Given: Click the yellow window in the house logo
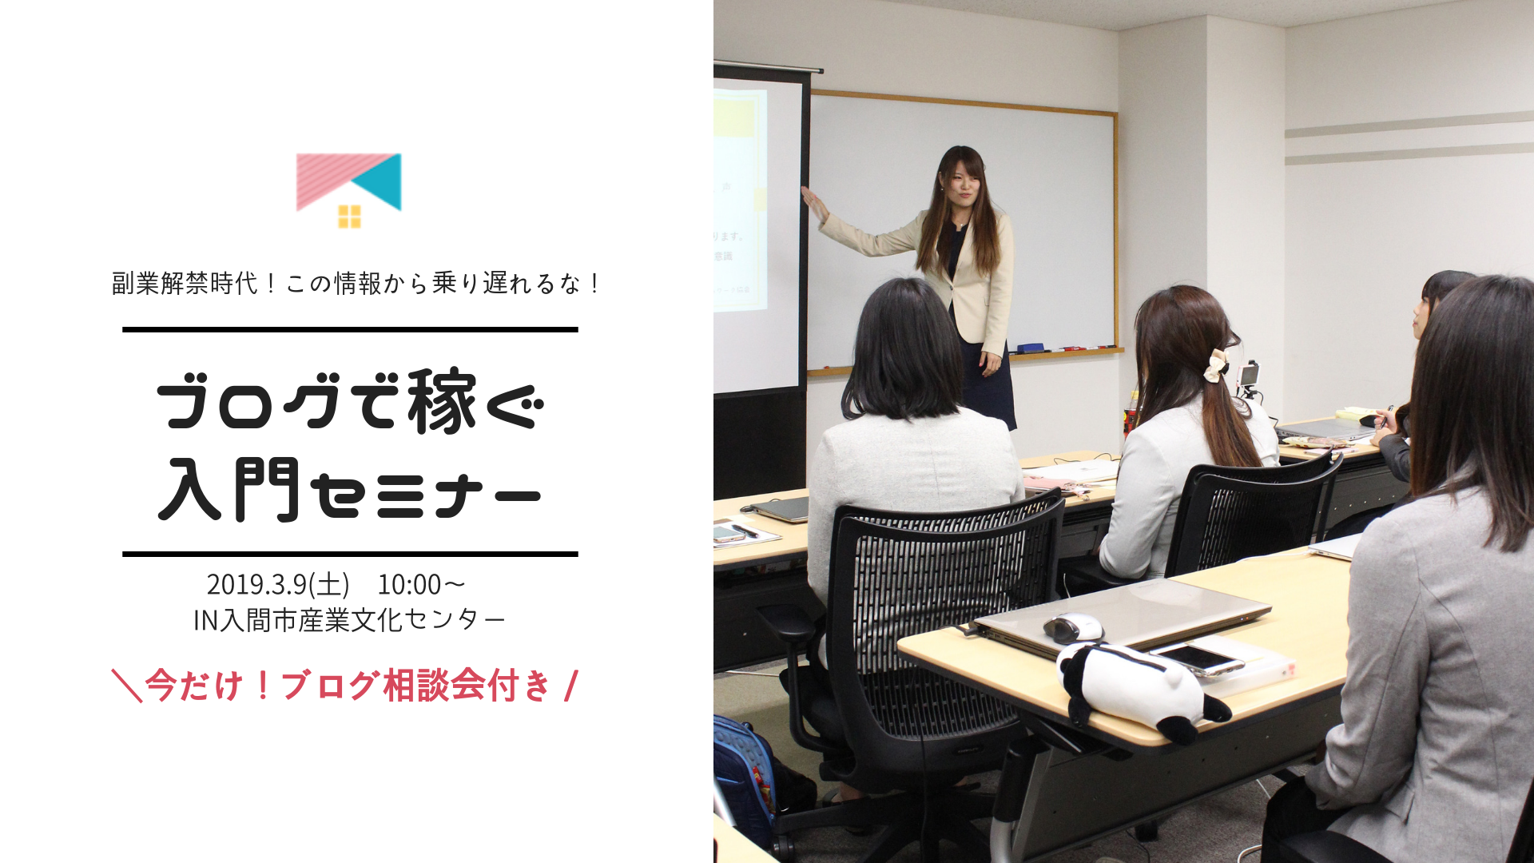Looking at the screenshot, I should tap(349, 216).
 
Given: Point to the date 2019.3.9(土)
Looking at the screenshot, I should tap(278, 584).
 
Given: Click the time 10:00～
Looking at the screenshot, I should tap(421, 584).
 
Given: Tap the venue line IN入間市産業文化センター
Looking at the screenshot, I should tap(349, 620).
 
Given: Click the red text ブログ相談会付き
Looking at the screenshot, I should tap(415, 686).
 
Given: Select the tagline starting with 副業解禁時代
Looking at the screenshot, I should tap(356, 283).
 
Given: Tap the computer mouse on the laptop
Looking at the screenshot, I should tap(1072, 628).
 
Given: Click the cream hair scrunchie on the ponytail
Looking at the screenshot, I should tap(1216, 365).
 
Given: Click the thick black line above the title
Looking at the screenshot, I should tap(350, 329).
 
